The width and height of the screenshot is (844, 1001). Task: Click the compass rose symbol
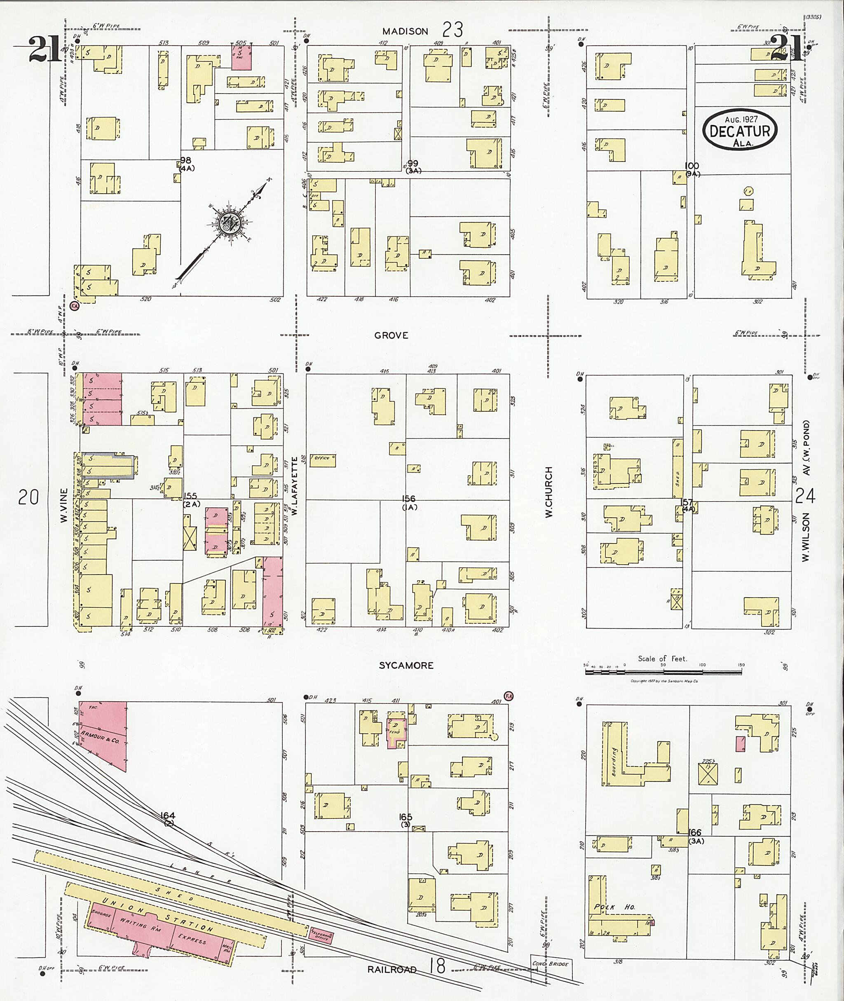(x=232, y=223)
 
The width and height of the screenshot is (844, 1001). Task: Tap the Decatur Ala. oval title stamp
(x=740, y=130)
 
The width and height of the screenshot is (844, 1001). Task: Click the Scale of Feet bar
(x=663, y=671)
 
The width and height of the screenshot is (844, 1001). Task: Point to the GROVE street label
(x=391, y=336)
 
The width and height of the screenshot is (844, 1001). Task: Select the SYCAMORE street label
(x=406, y=666)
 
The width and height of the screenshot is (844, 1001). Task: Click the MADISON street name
(x=405, y=32)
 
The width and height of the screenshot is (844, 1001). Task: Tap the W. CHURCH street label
(x=549, y=491)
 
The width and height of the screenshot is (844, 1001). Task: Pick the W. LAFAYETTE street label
(x=295, y=486)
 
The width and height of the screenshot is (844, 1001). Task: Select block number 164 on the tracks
(x=168, y=815)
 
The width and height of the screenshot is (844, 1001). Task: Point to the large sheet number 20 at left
(x=28, y=498)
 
